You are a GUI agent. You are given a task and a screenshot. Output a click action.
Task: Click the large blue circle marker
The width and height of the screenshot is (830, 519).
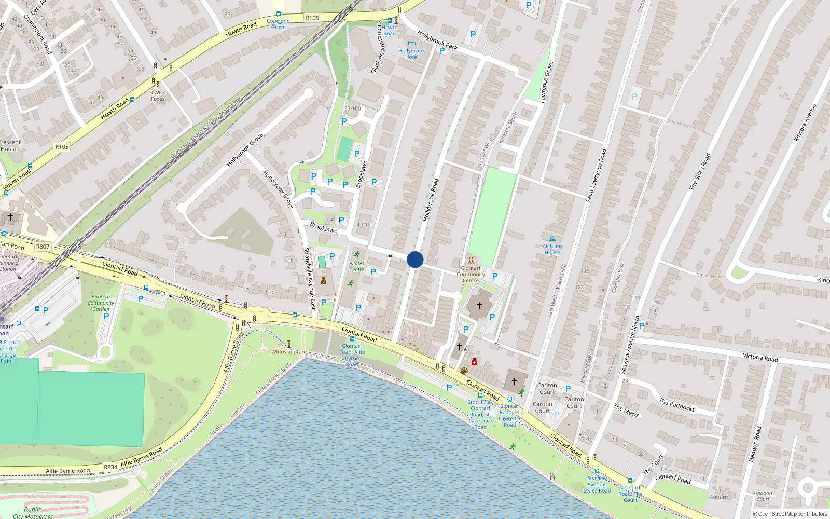(415, 259)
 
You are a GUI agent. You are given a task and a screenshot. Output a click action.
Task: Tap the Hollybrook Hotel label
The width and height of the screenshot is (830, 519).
(411, 54)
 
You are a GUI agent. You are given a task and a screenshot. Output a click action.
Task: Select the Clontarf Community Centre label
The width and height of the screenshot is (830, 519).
(471, 274)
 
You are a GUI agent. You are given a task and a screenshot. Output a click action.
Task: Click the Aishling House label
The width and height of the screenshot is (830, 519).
(552, 250)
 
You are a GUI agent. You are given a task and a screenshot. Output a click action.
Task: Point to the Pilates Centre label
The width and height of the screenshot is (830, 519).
(356, 266)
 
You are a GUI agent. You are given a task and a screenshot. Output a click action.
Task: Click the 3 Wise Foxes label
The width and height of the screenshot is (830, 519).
(158, 95)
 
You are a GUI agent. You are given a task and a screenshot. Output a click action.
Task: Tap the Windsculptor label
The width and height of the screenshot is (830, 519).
(288, 352)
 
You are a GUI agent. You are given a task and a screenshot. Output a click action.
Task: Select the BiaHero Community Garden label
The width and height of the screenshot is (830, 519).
(101, 303)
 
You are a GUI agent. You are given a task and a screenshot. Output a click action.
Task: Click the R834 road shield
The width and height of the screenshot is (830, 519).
(110, 467)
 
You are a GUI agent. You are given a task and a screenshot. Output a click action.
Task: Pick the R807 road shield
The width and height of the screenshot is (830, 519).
(43, 247)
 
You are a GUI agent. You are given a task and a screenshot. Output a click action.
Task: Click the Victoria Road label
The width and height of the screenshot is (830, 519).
(760, 357)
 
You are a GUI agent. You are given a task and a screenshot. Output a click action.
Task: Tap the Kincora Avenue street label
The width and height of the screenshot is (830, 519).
(805, 122)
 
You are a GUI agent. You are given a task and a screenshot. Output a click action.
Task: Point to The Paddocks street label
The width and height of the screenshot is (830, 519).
(676, 405)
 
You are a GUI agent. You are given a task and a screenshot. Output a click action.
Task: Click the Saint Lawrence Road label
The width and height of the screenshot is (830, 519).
(596, 175)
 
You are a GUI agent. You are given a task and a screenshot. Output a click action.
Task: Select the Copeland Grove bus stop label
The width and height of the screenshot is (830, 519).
(278, 24)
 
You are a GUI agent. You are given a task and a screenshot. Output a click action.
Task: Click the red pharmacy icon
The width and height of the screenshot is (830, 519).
(474, 362)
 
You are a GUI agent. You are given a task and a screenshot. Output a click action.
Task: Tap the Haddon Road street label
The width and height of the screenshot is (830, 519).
(755, 444)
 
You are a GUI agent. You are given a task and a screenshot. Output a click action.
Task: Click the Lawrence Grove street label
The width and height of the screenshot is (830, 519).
(547, 82)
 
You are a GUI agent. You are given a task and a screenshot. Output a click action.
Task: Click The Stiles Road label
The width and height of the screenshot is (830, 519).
(700, 171)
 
